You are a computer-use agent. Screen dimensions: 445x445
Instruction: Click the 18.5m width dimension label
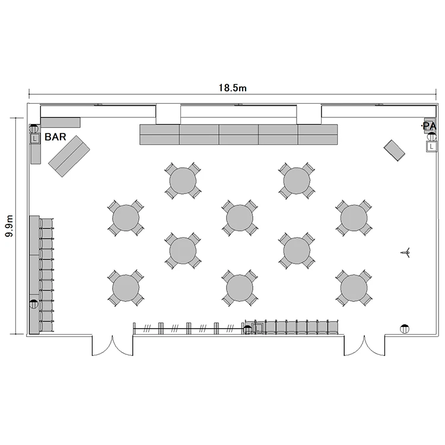tap(233, 88)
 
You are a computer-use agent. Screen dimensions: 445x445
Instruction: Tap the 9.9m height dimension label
tap(9, 226)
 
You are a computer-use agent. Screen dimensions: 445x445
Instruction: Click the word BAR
tap(55, 137)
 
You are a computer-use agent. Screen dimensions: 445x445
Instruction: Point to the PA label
tap(429, 126)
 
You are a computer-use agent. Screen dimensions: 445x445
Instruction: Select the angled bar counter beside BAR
tap(69, 156)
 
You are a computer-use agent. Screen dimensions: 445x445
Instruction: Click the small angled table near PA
tap(394, 151)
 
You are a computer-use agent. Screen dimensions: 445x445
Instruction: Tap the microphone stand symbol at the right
tap(406, 252)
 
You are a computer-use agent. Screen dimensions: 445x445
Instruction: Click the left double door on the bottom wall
tap(112, 346)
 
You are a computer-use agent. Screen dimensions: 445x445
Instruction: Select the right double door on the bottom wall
tap(364, 346)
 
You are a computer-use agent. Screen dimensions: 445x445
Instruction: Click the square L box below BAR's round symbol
tap(34, 139)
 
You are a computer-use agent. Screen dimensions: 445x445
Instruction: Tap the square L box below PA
tap(431, 147)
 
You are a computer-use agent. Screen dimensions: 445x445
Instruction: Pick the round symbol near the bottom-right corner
tap(405, 329)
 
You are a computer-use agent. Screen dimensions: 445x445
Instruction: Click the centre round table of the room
tap(240, 218)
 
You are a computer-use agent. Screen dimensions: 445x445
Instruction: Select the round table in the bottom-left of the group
tap(126, 288)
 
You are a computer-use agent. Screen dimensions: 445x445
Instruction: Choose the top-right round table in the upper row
tap(297, 181)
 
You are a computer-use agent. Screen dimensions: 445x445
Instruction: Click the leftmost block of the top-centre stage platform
tap(160, 135)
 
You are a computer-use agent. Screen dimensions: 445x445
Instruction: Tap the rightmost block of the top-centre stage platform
tap(318, 135)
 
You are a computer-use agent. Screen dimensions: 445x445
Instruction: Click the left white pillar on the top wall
tap(168, 115)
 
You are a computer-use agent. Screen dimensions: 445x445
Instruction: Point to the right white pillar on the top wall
tap(309, 115)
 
